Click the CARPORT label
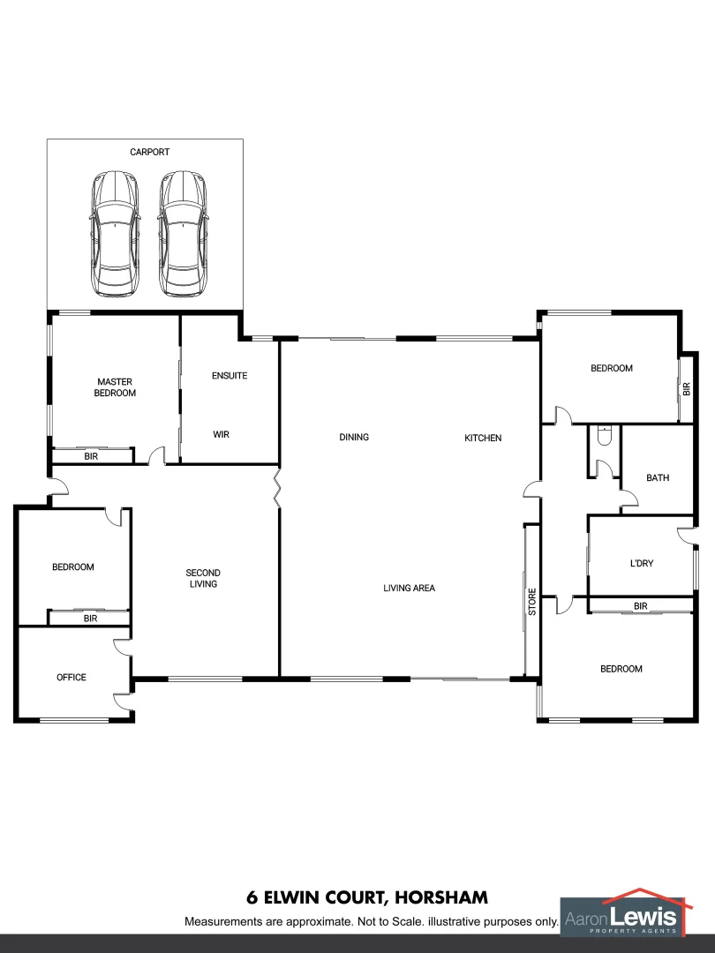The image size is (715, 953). tap(149, 152)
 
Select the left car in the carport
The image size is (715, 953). tap(115, 234)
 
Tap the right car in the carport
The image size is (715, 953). tap(183, 234)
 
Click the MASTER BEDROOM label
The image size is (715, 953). tap(115, 387)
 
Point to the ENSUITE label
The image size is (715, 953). tap(230, 376)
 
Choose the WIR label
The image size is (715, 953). tap(222, 434)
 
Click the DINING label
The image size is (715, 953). tap(354, 437)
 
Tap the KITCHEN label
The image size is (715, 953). tap(483, 438)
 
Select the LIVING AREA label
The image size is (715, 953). tap(409, 588)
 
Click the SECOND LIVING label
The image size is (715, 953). tap(203, 578)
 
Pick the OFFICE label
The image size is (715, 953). tap(71, 677)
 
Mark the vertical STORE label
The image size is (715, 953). tap(532, 601)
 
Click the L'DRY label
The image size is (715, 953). tap(641, 562)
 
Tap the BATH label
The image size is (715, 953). tap(658, 477)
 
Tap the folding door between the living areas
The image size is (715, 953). tap(280, 488)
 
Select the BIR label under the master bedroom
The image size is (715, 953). tap(91, 456)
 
